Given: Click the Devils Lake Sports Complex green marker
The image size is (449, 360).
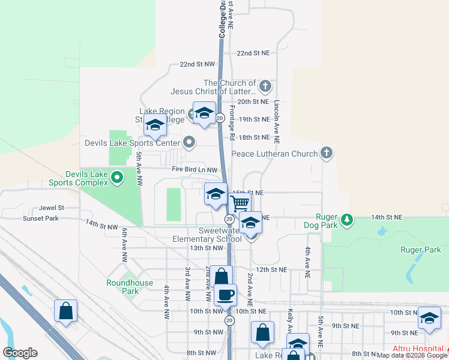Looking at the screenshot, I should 118,177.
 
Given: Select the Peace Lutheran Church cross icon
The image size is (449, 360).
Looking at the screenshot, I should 326,154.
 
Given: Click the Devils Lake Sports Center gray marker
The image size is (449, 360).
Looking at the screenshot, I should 190,143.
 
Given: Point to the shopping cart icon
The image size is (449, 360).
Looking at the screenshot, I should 240,203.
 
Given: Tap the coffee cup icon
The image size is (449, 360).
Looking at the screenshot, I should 225,295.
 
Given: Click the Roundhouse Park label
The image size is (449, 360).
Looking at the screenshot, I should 130,287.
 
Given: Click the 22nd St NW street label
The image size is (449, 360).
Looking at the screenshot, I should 197,64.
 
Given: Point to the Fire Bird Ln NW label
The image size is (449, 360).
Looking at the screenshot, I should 193,170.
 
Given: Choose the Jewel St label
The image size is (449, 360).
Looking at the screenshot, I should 52,208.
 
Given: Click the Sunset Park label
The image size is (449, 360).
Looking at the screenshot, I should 41,218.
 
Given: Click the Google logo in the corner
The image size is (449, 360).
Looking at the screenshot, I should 20,353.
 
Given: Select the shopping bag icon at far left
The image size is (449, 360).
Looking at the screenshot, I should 65,311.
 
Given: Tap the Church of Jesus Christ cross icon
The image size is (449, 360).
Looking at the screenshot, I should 265,88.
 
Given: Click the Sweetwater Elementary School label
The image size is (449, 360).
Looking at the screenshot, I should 207,235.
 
